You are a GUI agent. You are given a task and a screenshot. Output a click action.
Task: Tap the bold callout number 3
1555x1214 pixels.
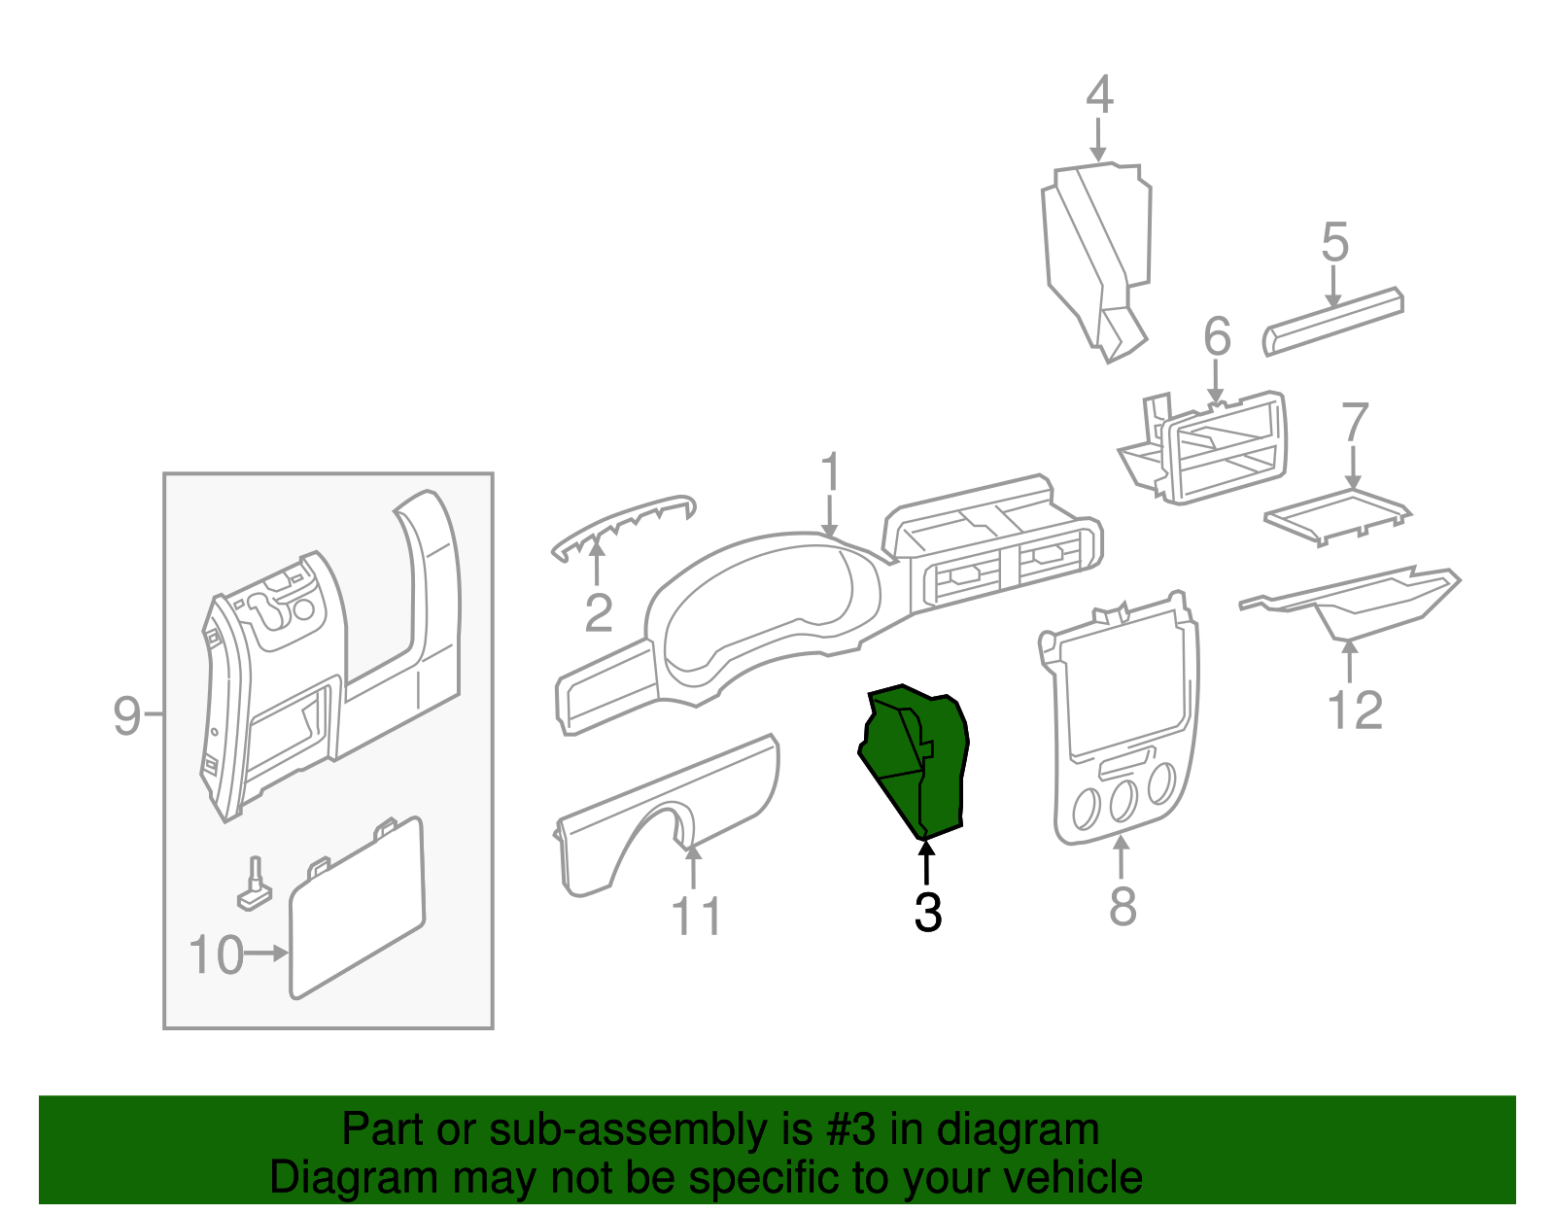928,913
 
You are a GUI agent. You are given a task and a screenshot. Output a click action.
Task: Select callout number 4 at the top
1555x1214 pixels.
1099,95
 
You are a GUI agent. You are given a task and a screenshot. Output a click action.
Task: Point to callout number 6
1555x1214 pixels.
1217,337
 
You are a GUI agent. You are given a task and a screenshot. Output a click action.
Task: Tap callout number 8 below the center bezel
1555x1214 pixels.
1123,906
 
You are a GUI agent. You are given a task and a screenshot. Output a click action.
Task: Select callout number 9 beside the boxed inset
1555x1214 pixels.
127,716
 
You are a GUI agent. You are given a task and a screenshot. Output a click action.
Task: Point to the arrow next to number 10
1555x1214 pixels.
266,954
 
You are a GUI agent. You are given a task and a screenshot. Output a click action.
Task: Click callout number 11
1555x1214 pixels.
696,917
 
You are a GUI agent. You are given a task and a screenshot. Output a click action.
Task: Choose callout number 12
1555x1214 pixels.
1355,711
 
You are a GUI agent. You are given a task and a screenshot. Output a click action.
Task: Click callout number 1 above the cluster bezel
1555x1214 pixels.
829,473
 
